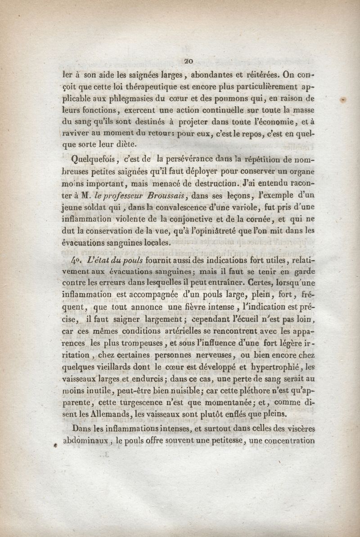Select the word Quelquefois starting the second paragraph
click(95, 160)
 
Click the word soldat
click(99, 207)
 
